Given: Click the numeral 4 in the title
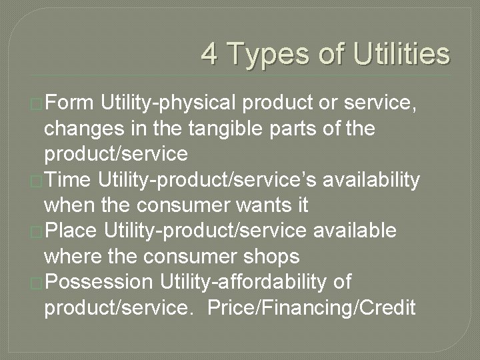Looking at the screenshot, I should click(209, 54).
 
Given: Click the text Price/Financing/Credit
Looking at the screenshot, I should click(312, 307).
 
